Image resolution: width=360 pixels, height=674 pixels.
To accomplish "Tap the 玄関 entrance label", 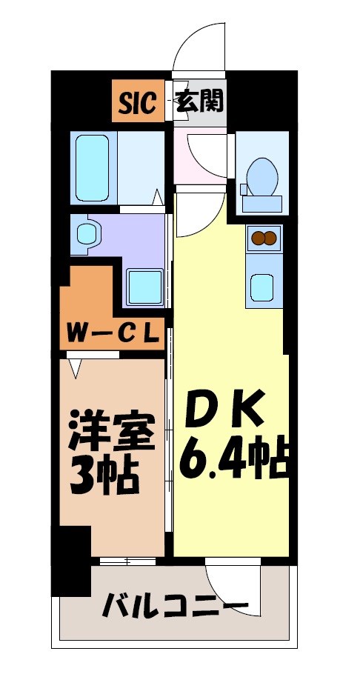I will (199, 101).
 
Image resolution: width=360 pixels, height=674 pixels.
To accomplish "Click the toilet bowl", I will (261, 175).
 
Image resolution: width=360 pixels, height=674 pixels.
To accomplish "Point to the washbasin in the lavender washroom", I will (87, 233).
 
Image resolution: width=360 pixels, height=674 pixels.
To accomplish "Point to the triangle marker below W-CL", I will (75, 365).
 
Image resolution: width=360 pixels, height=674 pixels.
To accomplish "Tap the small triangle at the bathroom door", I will (157, 198).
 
